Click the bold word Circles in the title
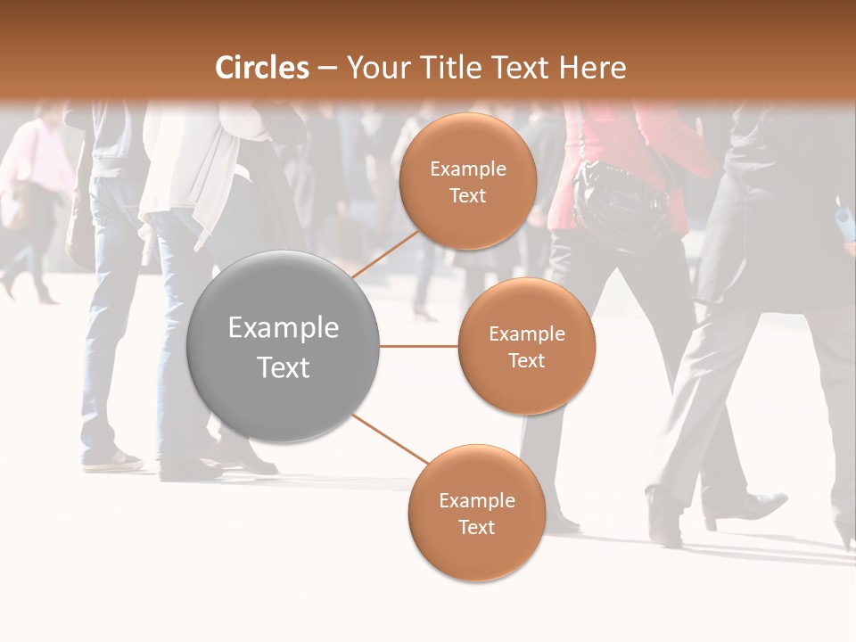pos(261,68)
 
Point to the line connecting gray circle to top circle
pos(385,254)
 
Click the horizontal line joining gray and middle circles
pos(419,346)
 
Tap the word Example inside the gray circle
pos(284,328)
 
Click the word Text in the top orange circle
pos(468,196)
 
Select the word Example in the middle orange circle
pos(527,334)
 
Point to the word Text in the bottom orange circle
pos(476,528)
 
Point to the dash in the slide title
pos(327,68)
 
